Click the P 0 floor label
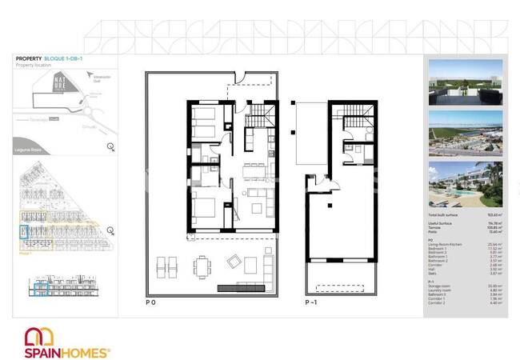(x=150, y=302)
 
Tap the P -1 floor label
(x=311, y=302)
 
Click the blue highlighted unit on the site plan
(x=23, y=233)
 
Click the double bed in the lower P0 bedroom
(x=204, y=210)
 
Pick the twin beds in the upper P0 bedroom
(x=203, y=124)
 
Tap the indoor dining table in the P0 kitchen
(x=255, y=168)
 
